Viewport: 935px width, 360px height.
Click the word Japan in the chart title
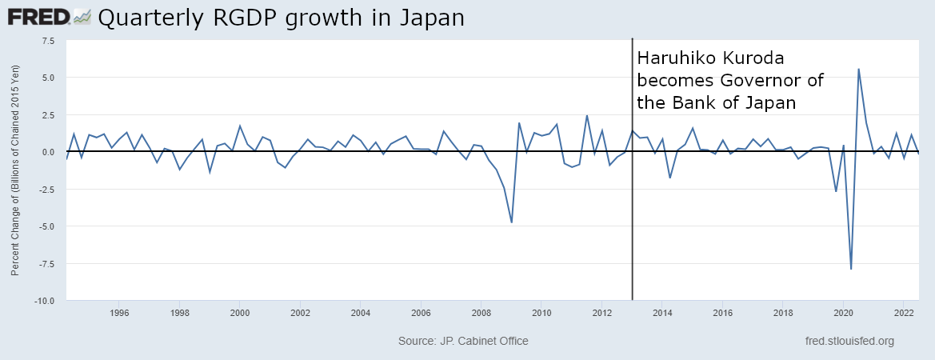432,18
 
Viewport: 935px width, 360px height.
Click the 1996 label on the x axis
119,312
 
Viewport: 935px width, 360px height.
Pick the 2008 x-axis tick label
481,312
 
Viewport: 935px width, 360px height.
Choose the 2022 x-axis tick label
904,312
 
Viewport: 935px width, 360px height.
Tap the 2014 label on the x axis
662,312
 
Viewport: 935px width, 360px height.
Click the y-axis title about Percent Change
15,170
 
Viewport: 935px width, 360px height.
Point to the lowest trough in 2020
851,269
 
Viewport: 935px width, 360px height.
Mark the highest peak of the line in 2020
858,69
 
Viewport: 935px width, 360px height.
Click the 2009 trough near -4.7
511,222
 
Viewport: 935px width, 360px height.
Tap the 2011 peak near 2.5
586,115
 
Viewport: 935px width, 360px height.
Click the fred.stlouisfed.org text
849,342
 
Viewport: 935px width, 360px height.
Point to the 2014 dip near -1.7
669,177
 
